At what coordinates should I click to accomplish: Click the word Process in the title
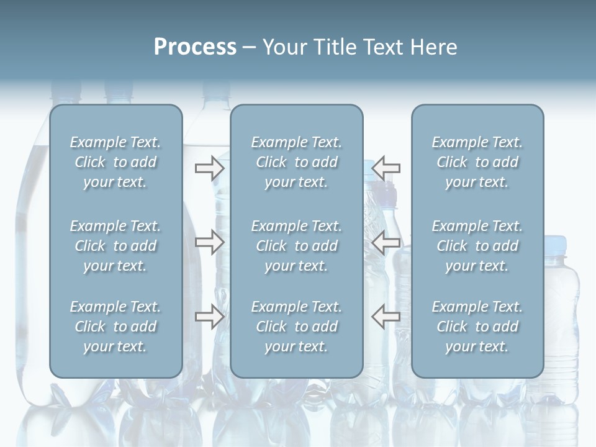tap(195, 47)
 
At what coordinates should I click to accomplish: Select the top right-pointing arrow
tap(209, 168)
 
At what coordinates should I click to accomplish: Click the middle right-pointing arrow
tap(209, 242)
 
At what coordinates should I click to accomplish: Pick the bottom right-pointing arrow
tap(209, 317)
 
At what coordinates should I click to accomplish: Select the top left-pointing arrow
tap(386, 168)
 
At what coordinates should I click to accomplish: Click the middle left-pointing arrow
tap(386, 242)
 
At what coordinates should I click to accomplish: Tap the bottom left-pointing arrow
tap(386, 317)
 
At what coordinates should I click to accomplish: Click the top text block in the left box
tap(115, 162)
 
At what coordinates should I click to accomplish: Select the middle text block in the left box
tap(115, 246)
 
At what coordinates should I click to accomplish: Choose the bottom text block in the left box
tap(115, 327)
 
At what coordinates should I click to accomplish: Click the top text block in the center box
tap(297, 162)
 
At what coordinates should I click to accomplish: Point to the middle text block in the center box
tap(297, 246)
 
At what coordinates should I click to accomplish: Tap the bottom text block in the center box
tap(297, 327)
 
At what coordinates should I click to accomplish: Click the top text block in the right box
tap(477, 162)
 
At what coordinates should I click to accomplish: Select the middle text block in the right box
tap(477, 246)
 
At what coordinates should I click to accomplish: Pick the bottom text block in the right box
tap(477, 327)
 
